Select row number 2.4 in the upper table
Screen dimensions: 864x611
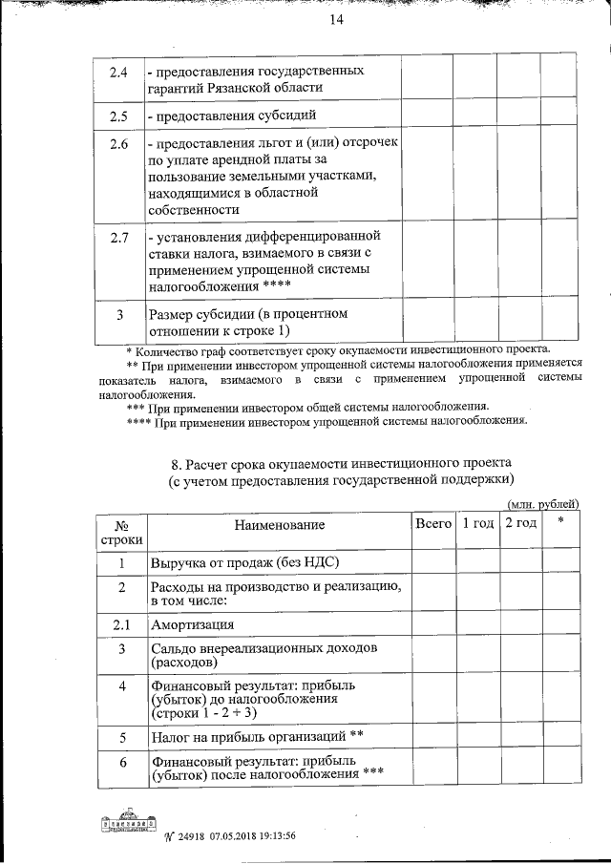(x=119, y=72)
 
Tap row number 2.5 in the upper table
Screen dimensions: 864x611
(x=119, y=116)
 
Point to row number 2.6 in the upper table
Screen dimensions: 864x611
(x=119, y=144)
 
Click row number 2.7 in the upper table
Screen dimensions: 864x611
(x=119, y=237)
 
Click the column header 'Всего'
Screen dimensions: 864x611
(x=432, y=523)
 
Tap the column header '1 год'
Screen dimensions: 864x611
(x=476, y=523)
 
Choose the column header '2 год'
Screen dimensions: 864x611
(x=520, y=523)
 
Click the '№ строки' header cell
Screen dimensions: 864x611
(x=121, y=533)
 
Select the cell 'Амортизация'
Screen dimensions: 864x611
(x=193, y=625)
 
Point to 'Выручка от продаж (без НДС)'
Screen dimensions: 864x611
(x=244, y=563)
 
